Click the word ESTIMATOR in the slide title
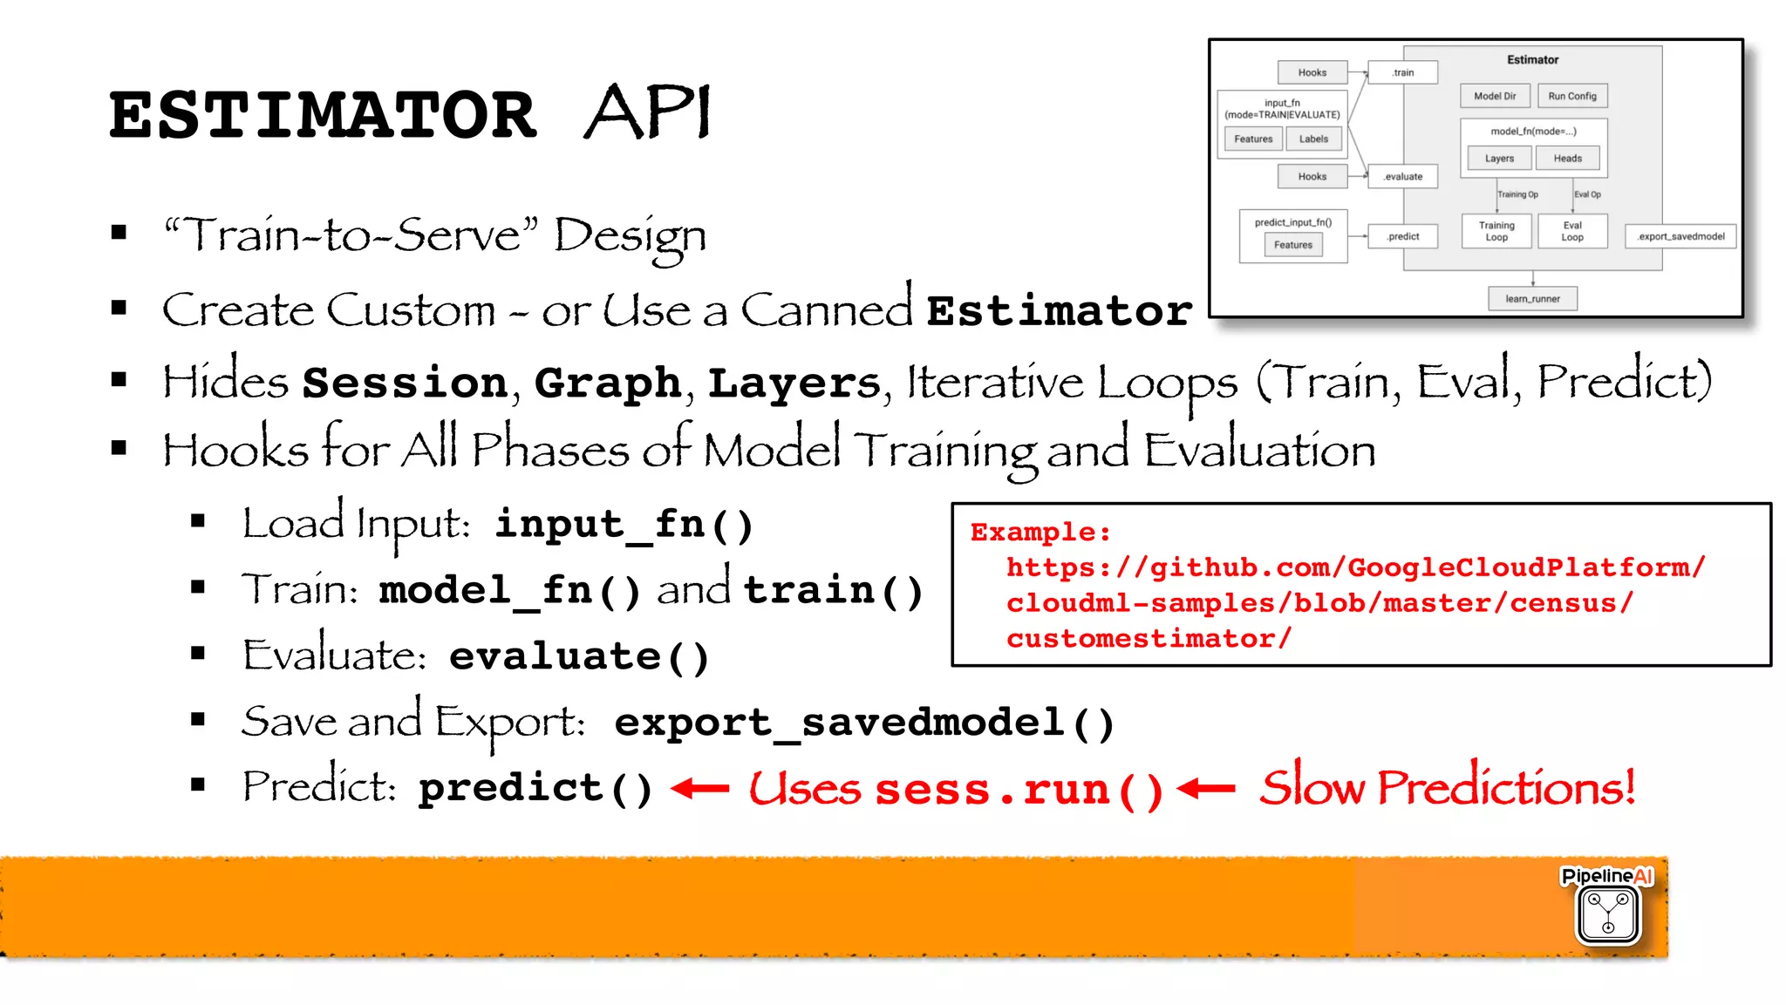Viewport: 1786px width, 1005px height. click(x=322, y=116)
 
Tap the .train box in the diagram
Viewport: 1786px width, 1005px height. click(x=1402, y=72)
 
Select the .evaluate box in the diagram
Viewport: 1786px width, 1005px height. click(x=1402, y=177)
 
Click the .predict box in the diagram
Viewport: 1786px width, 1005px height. click(x=1402, y=236)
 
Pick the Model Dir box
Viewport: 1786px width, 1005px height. click(x=1495, y=96)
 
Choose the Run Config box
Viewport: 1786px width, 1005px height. click(x=1571, y=96)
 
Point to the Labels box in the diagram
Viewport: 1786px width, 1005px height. click(x=1313, y=139)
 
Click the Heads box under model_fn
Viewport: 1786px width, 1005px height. click(x=1567, y=159)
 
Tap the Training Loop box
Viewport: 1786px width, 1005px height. click(x=1496, y=232)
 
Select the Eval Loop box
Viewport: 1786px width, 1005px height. click(x=1571, y=232)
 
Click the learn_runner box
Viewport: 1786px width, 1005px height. click(x=1532, y=299)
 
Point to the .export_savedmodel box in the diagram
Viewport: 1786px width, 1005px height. click(x=1680, y=236)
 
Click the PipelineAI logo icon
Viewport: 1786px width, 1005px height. click(x=1608, y=913)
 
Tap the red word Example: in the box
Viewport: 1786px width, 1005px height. click(x=1040, y=532)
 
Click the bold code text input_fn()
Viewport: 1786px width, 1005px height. click(x=624, y=525)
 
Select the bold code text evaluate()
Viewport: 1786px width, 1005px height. click(x=579, y=656)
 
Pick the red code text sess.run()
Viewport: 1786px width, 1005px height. click(x=1019, y=790)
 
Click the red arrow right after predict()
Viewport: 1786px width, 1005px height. click(x=700, y=789)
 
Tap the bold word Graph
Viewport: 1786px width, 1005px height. click(x=608, y=384)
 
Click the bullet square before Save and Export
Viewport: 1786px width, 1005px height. click(x=198, y=720)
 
